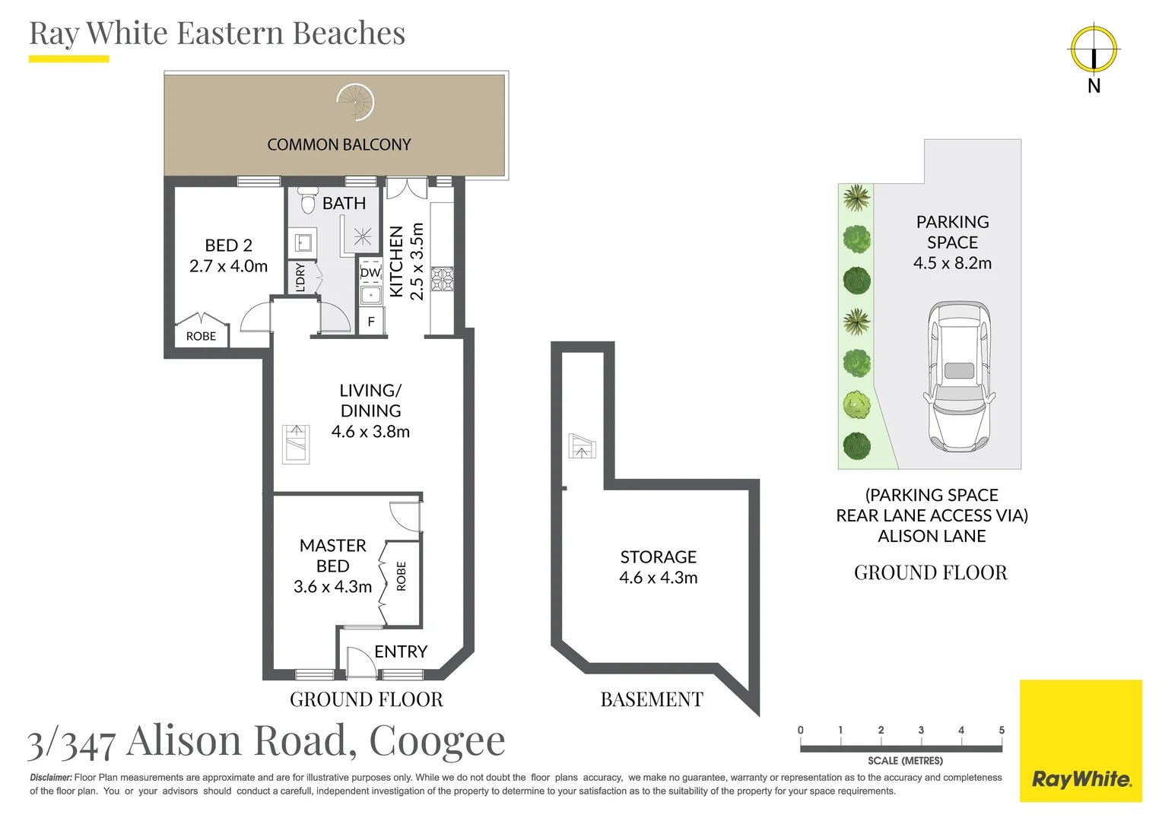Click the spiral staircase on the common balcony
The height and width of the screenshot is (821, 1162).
(356, 102)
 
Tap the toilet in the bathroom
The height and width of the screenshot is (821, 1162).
(308, 200)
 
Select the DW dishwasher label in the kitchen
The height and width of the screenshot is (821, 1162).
(370, 272)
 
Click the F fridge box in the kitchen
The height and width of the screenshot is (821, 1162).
(371, 322)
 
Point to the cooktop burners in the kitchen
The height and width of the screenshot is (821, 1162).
(442, 279)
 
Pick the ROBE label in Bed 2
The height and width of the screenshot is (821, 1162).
(201, 336)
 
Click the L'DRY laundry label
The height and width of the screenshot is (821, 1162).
(300, 277)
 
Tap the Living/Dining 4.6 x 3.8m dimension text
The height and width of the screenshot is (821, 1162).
(370, 432)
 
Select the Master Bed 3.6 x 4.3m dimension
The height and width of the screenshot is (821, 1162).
(332, 587)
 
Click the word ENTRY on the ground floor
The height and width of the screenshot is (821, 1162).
(401, 651)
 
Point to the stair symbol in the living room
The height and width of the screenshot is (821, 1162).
(296, 444)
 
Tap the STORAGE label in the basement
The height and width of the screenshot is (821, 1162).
(658, 556)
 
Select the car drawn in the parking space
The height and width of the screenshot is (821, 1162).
(959, 376)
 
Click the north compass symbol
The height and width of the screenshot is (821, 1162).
(1094, 50)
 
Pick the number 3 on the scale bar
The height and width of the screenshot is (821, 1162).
(921, 730)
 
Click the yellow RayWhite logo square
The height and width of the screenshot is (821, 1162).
(1081, 740)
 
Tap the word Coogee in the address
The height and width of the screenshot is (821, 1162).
(437, 741)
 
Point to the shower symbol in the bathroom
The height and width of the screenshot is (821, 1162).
(363, 236)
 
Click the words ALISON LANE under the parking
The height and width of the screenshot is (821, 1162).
(932, 536)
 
